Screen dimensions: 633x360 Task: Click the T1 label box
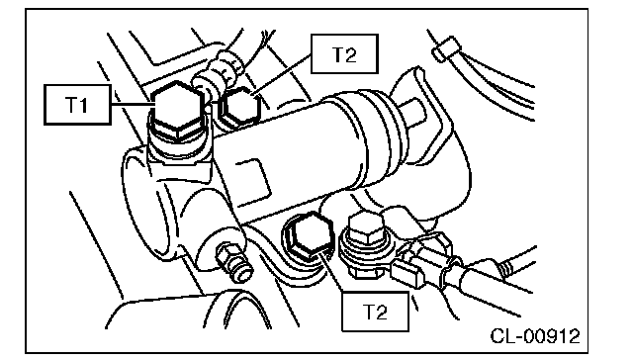(77, 105)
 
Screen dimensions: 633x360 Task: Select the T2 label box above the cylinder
(344, 53)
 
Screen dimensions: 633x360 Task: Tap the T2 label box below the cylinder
(375, 312)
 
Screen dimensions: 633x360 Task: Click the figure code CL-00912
(535, 336)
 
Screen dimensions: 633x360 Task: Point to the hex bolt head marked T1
(177, 110)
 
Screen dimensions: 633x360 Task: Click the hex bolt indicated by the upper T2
(239, 106)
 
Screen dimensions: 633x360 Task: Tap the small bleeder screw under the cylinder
(233, 261)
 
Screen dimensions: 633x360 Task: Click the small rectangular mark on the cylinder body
(253, 179)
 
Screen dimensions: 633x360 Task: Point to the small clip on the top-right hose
(446, 48)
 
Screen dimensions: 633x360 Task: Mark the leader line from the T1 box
(132, 105)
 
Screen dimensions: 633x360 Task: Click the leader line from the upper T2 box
(281, 75)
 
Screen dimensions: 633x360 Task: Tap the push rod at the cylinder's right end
(412, 112)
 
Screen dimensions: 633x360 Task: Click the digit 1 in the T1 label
(83, 105)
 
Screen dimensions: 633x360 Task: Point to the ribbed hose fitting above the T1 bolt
(218, 70)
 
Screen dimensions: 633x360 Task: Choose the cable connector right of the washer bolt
(424, 258)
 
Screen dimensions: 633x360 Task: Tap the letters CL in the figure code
(501, 336)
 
